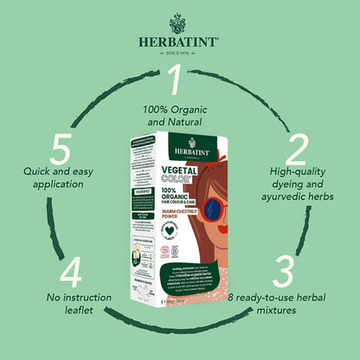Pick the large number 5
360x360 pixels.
pyautogui.click(x=60, y=149)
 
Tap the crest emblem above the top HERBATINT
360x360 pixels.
pyautogui.click(x=179, y=20)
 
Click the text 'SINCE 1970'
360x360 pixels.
pyautogui.click(x=179, y=55)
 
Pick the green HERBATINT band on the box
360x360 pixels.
pyautogui.click(x=174, y=138)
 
